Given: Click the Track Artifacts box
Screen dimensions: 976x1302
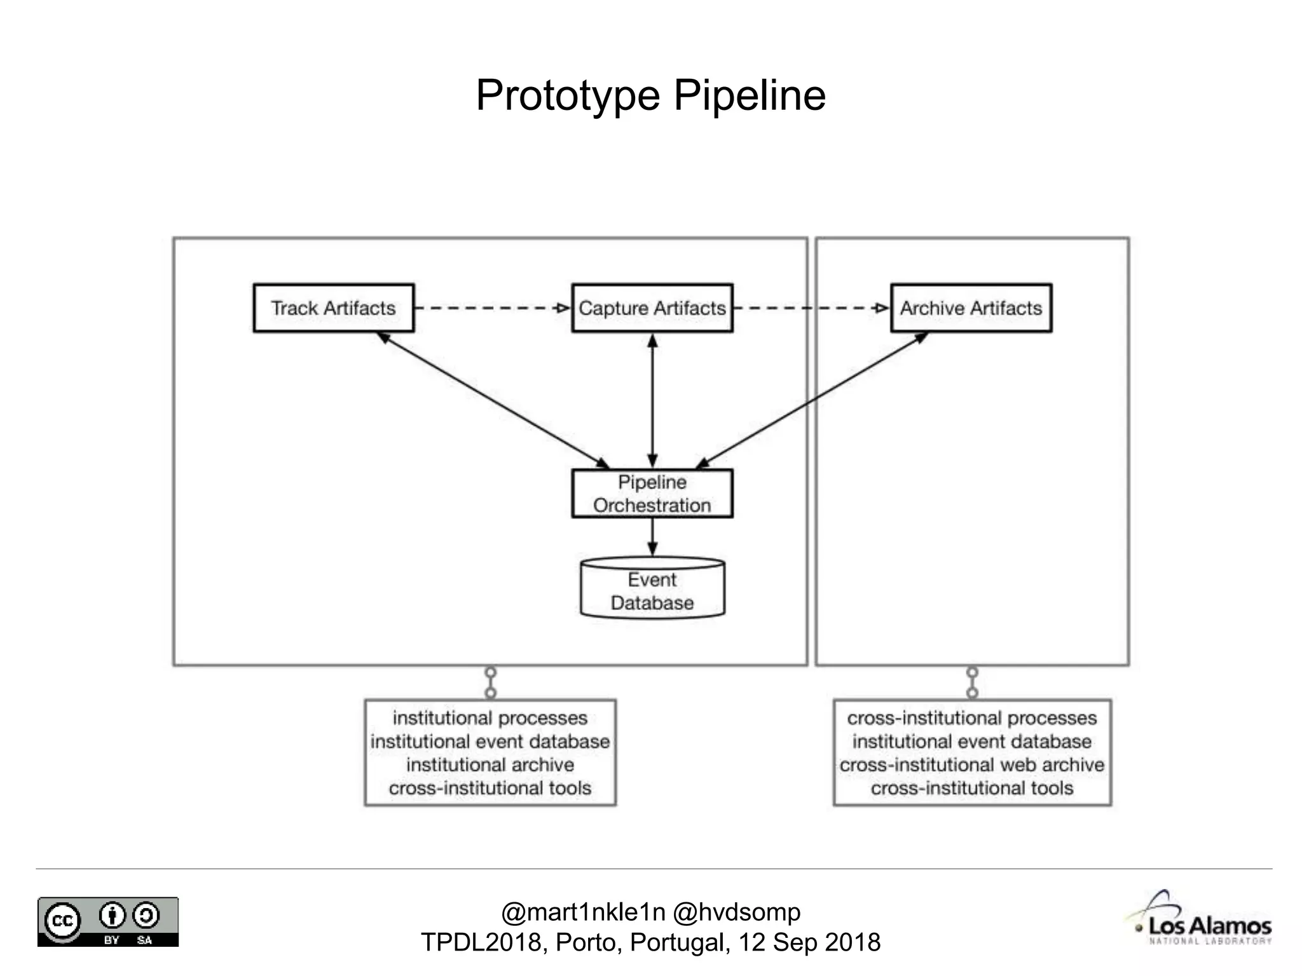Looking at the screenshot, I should click(333, 308).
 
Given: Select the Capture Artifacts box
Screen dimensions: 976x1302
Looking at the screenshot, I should click(652, 308).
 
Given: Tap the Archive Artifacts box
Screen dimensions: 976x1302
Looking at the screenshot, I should click(971, 308).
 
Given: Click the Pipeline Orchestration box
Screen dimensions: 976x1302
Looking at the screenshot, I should click(652, 494).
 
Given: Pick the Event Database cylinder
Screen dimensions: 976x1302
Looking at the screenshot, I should click(652, 590).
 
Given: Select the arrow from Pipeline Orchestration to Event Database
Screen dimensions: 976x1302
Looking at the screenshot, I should click(652, 537).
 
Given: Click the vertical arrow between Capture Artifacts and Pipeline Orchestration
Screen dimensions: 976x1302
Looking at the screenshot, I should click(652, 400).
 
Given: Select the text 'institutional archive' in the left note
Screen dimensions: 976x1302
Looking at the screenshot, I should click(490, 764).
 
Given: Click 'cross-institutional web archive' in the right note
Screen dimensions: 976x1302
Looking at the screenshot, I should click(971, 764).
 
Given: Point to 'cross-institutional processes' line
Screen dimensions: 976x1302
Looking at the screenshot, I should click(971, 718).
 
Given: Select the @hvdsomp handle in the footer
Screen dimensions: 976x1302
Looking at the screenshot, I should click(736, 912).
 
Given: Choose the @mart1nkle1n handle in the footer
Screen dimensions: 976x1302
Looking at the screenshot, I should click(583, 912).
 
